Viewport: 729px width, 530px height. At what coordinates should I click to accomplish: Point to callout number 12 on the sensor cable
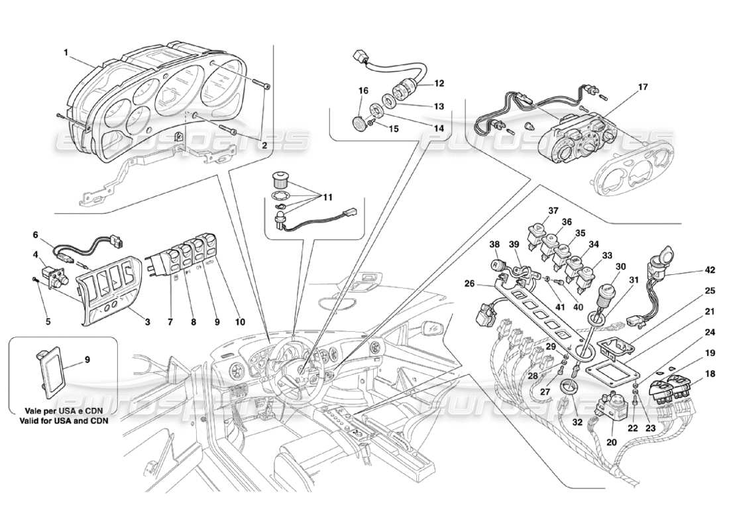pos(438,84)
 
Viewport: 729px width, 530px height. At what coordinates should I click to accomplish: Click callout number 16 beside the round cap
pos(363,90)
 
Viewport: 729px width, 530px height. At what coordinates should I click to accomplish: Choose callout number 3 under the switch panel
pos(147,322)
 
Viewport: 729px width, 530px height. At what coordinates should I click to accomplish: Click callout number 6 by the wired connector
pos(35,234)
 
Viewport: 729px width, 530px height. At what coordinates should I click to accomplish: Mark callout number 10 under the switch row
pos(239,322)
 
